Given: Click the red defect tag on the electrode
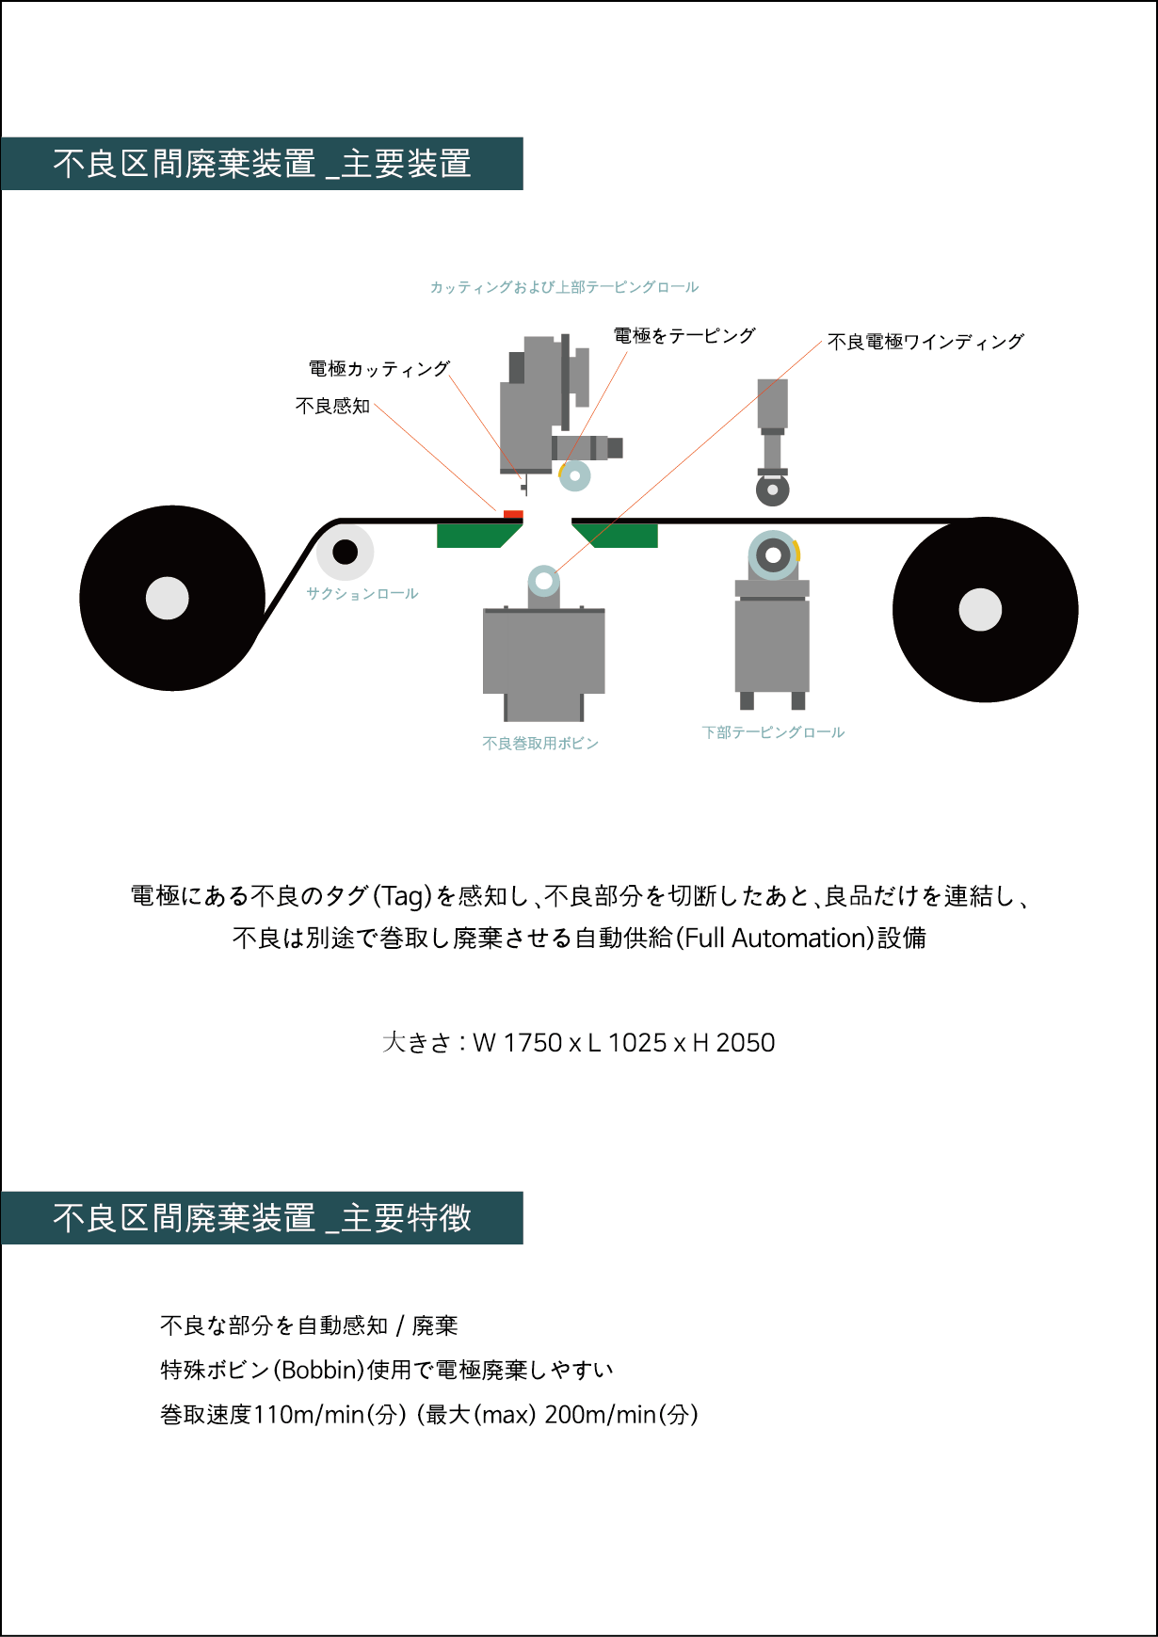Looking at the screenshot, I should point(513,514).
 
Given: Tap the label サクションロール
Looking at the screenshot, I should point(362,594).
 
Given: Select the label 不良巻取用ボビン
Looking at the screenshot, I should point(540,744).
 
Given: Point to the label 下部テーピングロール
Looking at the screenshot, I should point(773,732).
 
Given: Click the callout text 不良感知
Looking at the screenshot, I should point(332,406).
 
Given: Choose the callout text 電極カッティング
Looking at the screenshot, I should point(379,368).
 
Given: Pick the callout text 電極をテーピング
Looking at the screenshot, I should point(684,335).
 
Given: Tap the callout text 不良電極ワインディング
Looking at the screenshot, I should point(925,342).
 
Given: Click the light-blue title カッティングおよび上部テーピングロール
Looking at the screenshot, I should point(564,287).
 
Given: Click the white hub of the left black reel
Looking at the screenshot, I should point(168,598).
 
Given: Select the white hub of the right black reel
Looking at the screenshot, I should point(980,610).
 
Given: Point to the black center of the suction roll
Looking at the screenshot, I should point(346,552).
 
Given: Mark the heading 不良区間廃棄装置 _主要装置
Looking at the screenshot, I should point(262,164).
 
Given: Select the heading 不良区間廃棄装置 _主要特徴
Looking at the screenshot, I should point(262,1218).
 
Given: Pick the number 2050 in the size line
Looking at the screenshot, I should point(746,1043).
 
